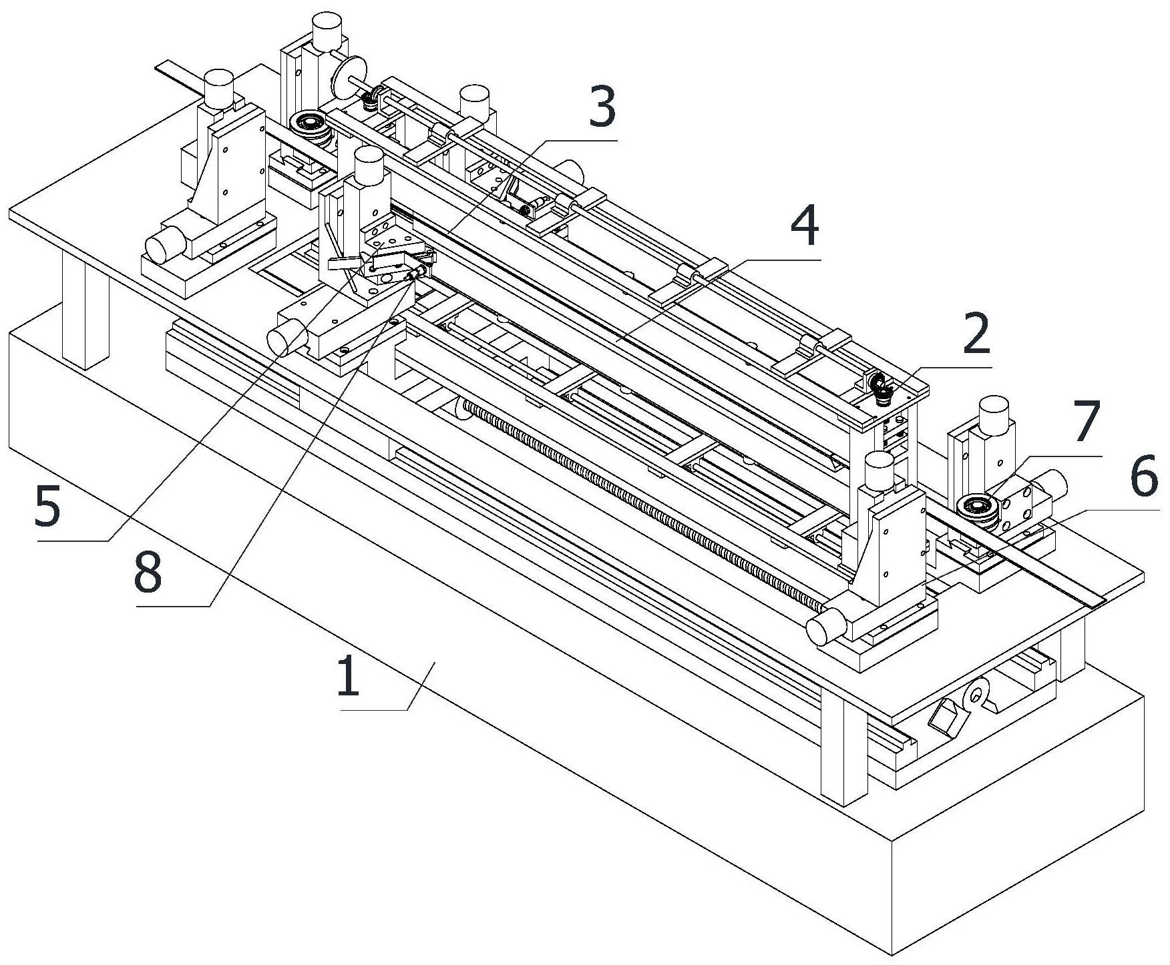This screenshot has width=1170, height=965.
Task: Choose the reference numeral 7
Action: (1086, 422)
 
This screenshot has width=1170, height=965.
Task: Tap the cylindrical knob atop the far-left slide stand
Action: (218, 87)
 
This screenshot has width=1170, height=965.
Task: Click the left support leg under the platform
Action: (85, 307)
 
